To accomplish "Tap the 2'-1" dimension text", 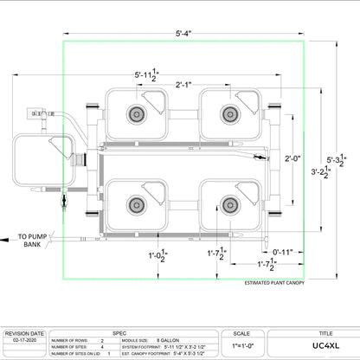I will (x=183, y=85).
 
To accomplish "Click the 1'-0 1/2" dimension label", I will (x=157, y=255).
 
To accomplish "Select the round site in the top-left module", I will (x=136, y=112).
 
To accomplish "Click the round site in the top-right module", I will (x=229, y=112).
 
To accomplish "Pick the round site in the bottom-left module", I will (x=136, y=204).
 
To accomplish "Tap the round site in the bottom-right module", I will (x=229, y=204).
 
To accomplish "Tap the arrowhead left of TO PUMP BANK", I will (x=8, y=235).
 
